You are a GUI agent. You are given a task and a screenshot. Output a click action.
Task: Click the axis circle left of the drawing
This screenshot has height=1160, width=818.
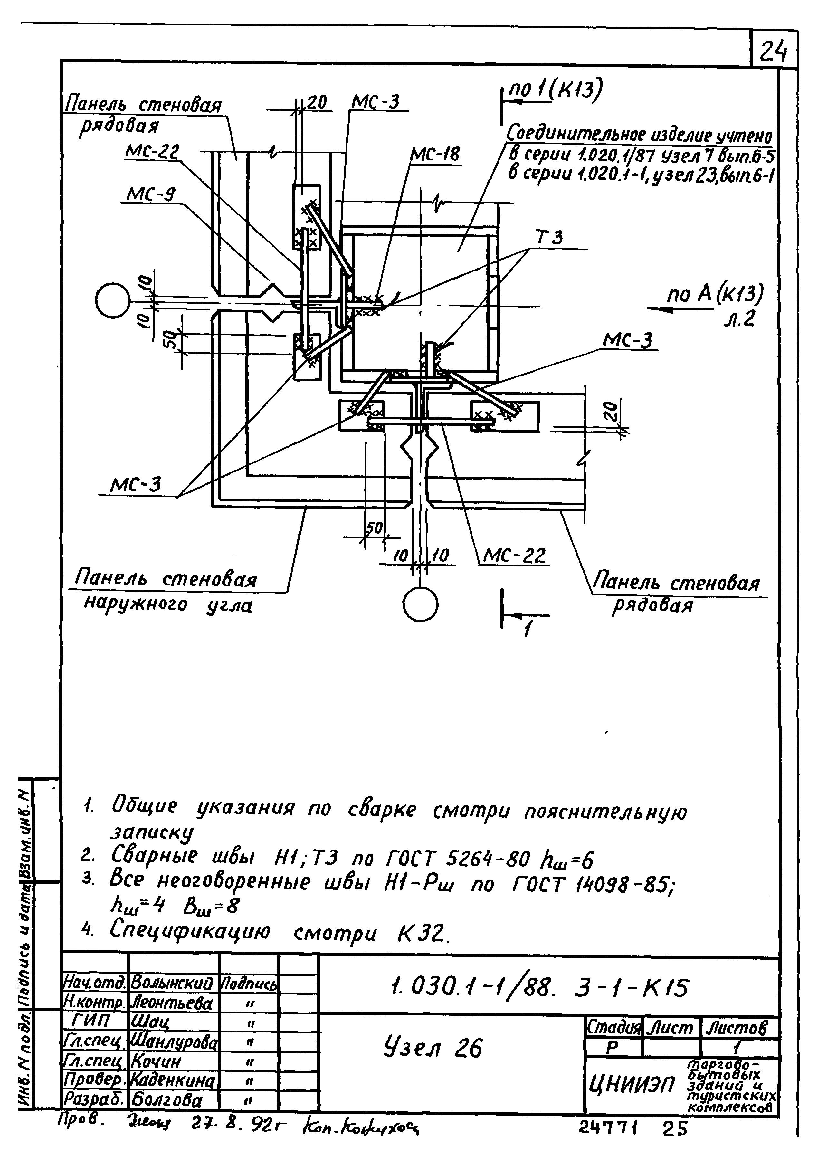tap(112, 300)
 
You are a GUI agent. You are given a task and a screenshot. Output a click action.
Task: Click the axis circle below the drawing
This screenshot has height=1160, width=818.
tap(420, 604)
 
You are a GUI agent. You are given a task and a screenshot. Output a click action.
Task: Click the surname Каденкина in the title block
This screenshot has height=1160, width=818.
tap(173, 1081)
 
